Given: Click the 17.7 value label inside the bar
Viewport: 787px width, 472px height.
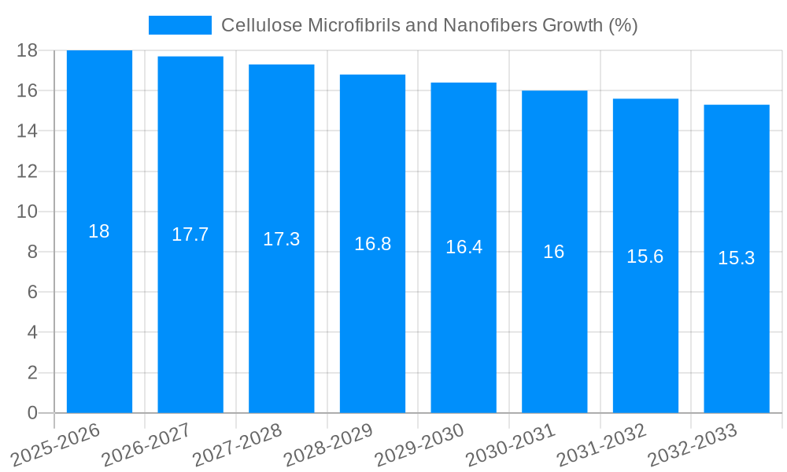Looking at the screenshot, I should pos(190,234).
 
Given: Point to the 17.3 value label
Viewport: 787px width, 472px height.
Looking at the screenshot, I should pos(281,239).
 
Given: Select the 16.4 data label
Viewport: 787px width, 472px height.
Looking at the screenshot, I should pos(464,247).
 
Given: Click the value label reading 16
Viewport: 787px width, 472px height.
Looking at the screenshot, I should pos(554,252).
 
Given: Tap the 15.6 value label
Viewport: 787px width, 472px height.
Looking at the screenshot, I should pos(645,256).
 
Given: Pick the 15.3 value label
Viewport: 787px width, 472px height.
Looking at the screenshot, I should pos(737,258).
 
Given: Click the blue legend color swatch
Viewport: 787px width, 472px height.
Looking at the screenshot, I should pos(180,25).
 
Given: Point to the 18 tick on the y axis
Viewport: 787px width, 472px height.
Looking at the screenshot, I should pos(27,50).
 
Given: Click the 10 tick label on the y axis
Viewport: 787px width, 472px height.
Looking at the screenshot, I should pos(27,212).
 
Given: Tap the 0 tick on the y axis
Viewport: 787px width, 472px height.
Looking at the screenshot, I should pos(32,413).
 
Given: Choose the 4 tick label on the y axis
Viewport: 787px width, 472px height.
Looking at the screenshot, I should pos(32,332).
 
